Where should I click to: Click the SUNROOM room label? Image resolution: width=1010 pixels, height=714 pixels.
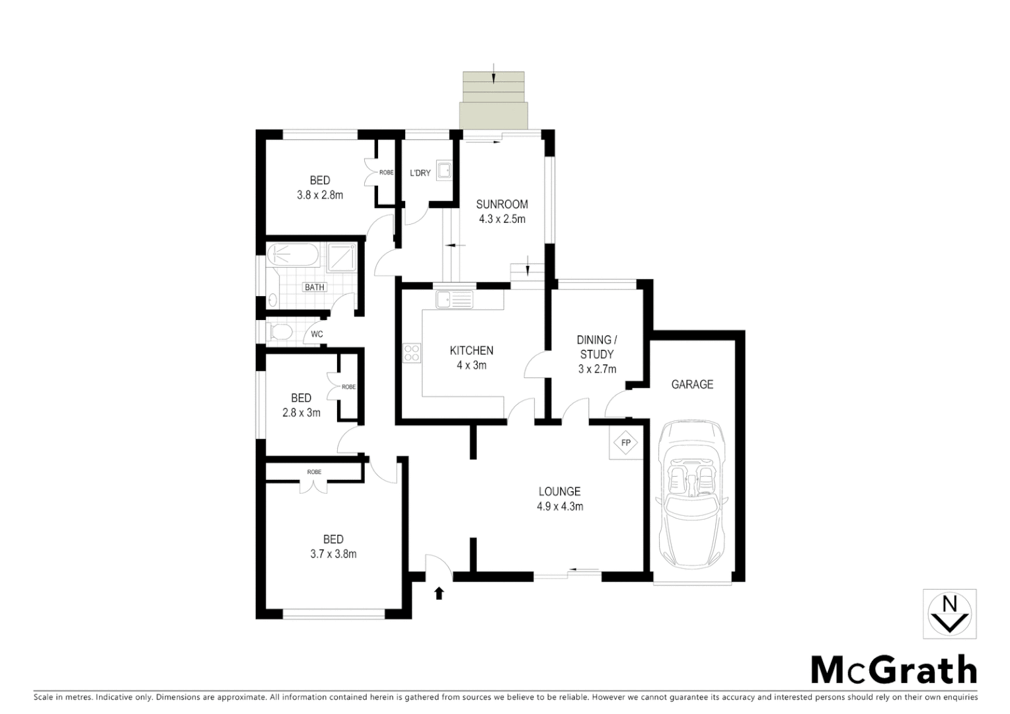(502, 204)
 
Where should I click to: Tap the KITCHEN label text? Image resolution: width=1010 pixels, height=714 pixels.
(471, 350)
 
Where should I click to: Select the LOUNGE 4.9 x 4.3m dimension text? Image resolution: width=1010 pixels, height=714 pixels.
(559, 507)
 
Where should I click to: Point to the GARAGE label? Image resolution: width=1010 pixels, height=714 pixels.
(692, 384)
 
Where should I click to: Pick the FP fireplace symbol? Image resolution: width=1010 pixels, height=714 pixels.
(625, 442)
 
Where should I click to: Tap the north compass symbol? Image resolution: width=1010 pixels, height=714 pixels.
(949, 615)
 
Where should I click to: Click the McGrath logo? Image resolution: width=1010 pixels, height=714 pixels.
(893, 671)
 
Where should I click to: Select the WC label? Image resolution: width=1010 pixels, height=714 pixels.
(317, 334)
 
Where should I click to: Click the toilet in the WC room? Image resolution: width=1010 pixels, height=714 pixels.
(279, 331)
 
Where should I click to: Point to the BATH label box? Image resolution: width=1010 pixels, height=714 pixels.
(315, 287)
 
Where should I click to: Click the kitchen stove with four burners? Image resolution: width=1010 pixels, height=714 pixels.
(412, 352)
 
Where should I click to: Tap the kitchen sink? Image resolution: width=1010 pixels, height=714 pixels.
(453, 299)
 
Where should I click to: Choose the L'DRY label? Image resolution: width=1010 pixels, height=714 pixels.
(420, 173)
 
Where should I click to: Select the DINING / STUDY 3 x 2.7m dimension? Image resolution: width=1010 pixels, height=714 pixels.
(597, 369)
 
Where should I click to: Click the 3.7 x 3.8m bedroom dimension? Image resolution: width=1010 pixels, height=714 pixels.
(333, 554)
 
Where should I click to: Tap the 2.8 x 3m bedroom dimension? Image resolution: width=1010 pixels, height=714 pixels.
(301, 413)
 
